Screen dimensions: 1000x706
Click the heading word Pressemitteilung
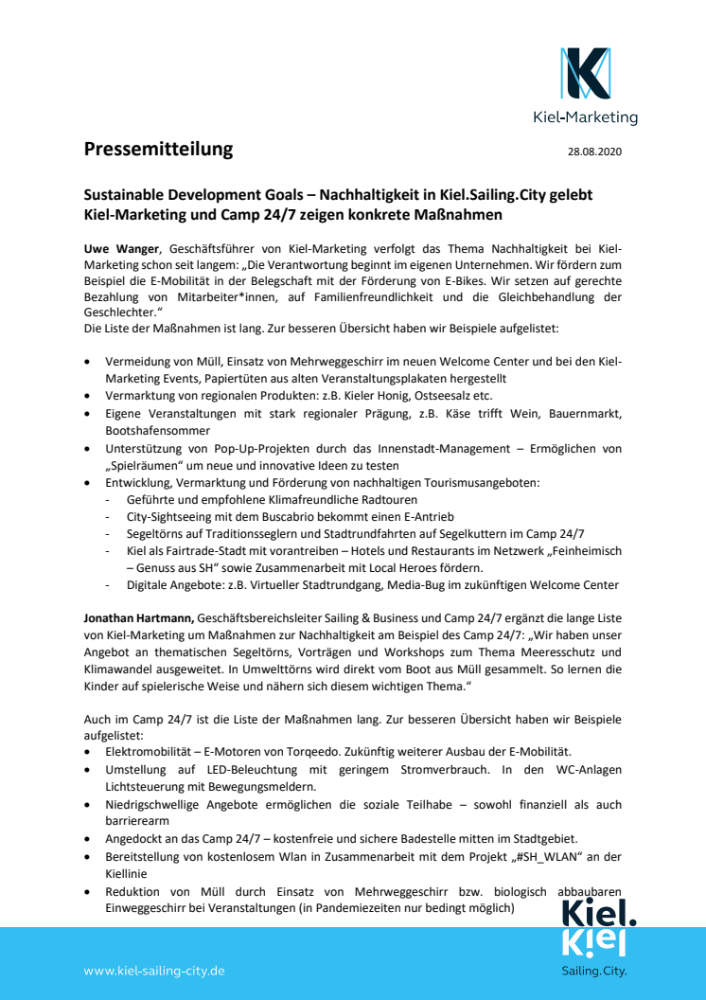tap(158, 149)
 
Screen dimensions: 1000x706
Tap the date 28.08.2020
tap(594, 152)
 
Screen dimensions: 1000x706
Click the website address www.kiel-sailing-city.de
tap(154, 971)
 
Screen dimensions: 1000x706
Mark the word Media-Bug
tap(392, 585)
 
